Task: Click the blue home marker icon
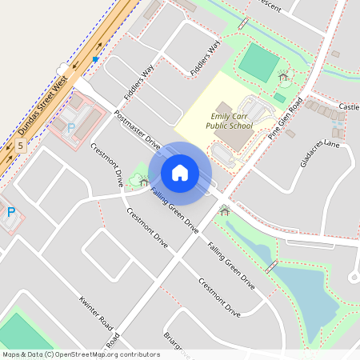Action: pos(180,172)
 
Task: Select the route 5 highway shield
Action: pos(19,145)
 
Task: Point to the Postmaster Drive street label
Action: pos(138,130)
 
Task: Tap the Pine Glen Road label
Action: pos(286,118)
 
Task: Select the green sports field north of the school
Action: pos(258,62)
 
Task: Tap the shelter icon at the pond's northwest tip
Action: pos(224,211)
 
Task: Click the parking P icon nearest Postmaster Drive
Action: pos(70,127)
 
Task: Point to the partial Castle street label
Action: pos(349,106)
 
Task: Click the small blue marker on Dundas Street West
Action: pos(96,59)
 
